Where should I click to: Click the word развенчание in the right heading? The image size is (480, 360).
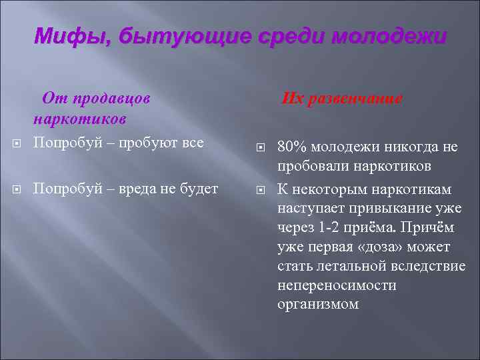[357, 99]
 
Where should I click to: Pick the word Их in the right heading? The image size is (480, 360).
[293, 99]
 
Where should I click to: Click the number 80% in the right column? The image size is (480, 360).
[291, 147]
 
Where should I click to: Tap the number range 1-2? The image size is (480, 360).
[329, 227]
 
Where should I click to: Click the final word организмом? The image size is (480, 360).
[318, 305]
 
